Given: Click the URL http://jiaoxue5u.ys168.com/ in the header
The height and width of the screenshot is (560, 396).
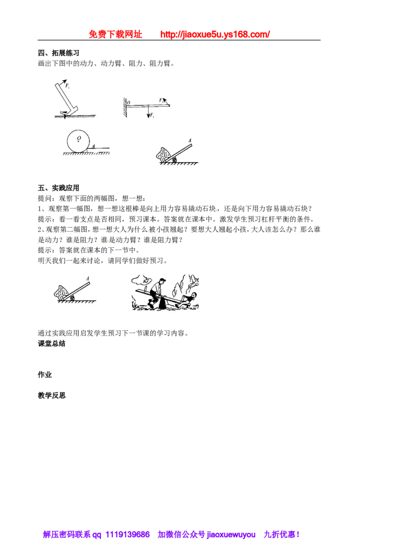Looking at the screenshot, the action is click(x=215, y=34).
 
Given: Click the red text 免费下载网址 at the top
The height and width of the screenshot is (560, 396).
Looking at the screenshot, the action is click(x=115, y=34).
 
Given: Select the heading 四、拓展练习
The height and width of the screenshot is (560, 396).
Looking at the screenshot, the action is click(x=58, y=53).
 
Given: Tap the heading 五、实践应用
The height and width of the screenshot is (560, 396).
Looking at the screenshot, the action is click(x=58, y=188).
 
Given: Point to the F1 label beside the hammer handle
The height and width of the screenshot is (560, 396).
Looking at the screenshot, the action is click(x=67, y=86).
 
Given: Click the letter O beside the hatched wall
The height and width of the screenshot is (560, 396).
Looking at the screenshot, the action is click(x=129, y=103).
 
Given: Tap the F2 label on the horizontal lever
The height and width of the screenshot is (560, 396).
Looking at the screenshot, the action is click(x=161, y=100).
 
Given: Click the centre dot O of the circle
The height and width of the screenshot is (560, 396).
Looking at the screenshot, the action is click(x=79, y=140).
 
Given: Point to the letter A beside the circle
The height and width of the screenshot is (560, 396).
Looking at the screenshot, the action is click(x=93, y=146).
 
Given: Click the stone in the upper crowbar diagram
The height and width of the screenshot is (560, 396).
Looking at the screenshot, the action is click(x=164, y=154).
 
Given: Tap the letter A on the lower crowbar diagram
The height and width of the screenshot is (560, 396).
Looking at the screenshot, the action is click(x=88, y=279).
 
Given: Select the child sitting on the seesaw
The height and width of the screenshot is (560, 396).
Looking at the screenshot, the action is click(x=188, y=299).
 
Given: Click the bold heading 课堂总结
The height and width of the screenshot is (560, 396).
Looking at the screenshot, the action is click(x=52, y=344).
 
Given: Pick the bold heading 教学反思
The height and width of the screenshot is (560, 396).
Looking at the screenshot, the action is click(x=52, y=395).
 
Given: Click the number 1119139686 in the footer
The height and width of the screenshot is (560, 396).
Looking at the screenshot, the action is click(x=128, y=534).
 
